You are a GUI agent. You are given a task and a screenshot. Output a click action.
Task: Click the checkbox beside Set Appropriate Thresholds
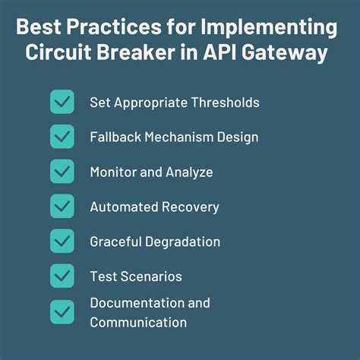pyautogui.click(x=62, y=102)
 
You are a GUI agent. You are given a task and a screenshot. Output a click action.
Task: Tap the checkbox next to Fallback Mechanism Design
pyautogui.click(x=62, y=137)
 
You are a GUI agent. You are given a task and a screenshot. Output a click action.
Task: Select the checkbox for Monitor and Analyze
pyautogui.click(x=62, y=172)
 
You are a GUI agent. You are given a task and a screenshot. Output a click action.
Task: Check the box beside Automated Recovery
pyautogui.click(x=62, y=207)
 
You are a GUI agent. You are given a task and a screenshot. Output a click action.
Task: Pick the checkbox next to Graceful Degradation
pyautogui.click(x=62, y=242)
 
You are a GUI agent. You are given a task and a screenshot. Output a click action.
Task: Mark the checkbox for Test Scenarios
pyautogui.click(x=62, y=276)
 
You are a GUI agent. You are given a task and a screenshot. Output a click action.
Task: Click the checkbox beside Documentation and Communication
pyautogui.click(x=62, y=311)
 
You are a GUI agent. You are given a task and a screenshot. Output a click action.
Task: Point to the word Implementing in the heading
pyautogui.click(x=270, y=28)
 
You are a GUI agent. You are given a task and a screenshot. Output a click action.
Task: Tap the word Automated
pyautogui.click(x=120, y=207)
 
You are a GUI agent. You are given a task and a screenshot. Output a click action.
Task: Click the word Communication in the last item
pyautogui.click(x=137, y=322)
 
